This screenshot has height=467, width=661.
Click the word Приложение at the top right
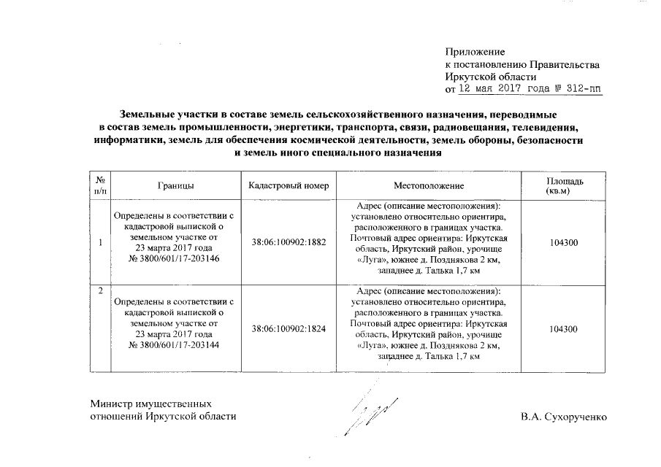(475, 51)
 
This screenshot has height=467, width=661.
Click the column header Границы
(175, 186)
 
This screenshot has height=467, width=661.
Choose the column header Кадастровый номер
(289, 186)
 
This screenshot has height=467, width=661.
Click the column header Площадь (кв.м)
(565, 186)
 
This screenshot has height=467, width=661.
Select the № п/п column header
(100, 186)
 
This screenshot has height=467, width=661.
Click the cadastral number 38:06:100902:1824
(289, 329)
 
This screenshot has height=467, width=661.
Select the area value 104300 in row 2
(564, 329)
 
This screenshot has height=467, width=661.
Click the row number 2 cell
(100, 292)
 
